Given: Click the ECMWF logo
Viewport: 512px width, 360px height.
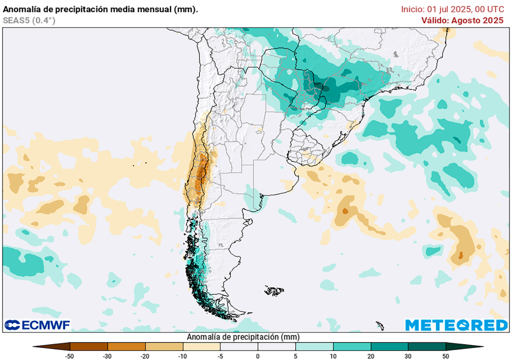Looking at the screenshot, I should [x=37, y=325].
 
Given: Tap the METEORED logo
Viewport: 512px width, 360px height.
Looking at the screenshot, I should [x=456, y=325].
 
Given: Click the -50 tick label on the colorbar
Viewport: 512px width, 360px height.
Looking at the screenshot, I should [x=70, y=355].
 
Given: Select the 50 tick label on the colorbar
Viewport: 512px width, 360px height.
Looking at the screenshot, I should [x=445, y=355].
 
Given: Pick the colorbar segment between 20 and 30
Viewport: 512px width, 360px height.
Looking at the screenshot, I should [x=389, y=346].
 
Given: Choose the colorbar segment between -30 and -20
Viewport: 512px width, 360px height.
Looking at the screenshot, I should [x=126, y=346].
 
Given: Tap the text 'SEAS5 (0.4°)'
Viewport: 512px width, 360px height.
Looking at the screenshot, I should [x=29, y=20].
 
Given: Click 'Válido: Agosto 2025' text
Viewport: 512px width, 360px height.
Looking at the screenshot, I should [x=462, y=20].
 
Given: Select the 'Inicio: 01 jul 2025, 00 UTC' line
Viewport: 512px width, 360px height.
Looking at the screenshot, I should [x=452, y=9].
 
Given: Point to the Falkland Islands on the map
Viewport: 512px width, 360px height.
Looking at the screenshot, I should [x=274, y=290].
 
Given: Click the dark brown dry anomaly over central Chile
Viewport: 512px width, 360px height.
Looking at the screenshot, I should [x=201, y=172].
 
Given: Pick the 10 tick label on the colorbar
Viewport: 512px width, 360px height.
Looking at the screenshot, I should [x=333, y=355].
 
